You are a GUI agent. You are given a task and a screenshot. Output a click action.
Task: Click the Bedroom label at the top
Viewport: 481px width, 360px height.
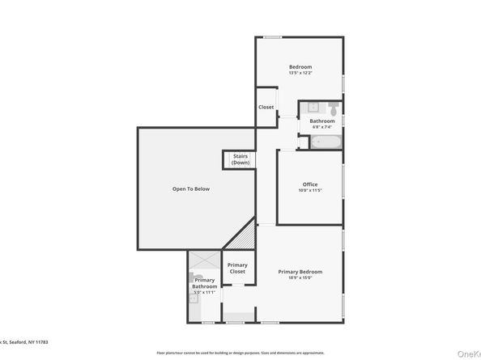300,66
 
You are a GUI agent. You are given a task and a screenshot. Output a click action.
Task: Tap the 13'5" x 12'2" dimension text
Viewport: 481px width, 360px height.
300,73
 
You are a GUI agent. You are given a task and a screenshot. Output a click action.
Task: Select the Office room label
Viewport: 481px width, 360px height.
310,184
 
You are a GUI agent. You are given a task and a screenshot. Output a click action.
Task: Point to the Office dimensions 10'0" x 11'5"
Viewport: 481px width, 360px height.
310,190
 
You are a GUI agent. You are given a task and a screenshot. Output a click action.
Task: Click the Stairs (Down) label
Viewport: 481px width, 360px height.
240,159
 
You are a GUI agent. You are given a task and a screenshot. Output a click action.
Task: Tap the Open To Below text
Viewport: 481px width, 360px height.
191,188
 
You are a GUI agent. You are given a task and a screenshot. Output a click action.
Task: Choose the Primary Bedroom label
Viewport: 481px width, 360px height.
300,271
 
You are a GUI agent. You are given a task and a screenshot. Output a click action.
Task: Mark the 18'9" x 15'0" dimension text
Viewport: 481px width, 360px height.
300,277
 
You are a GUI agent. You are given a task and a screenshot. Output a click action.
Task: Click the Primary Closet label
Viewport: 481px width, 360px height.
237,269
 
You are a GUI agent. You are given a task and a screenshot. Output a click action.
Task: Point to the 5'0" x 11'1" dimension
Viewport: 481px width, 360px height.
204,292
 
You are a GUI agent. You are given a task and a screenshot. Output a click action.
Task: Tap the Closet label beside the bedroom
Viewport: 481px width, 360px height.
266,107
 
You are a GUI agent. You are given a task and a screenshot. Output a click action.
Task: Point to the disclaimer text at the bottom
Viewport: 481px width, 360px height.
240,353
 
